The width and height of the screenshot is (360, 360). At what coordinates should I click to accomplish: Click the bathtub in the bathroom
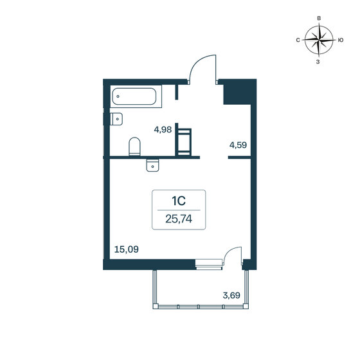point(136,98)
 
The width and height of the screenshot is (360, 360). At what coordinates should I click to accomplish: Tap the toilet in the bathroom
point(135,147)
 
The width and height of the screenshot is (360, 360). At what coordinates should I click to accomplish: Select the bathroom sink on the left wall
point(116,119)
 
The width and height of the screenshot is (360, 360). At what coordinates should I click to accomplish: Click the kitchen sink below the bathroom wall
point(152,165)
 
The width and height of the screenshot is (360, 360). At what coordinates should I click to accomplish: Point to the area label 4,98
point(163,129)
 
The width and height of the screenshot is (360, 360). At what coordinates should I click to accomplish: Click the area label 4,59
point(238,145)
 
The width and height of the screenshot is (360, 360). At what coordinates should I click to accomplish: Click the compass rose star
point(318,40)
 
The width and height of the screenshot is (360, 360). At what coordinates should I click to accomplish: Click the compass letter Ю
point(339,40)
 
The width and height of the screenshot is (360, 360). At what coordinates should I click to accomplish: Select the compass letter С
point(298,40)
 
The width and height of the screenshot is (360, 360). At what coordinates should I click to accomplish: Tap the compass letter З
point(318,62)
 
